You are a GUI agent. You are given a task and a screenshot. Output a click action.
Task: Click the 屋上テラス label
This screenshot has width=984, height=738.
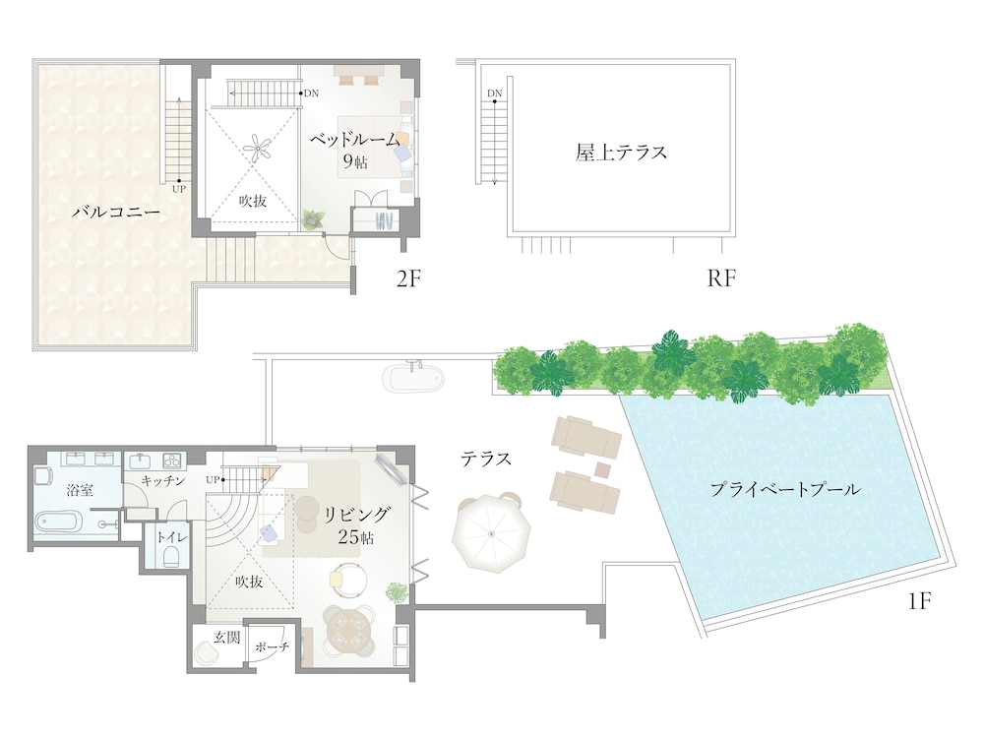(x=622, y=153)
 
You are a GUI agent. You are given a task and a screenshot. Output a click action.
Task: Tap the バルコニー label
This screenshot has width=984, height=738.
(x=116, y=213)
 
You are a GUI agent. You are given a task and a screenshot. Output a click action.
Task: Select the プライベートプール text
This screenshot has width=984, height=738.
(x=785, y=488)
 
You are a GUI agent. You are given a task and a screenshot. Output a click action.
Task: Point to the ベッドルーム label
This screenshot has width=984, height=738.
(x=356, y=141)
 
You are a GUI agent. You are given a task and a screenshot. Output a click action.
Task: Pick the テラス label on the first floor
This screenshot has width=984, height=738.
(x=487, y=459)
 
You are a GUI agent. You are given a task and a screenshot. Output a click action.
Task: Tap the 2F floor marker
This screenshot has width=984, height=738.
(x=408, y=279)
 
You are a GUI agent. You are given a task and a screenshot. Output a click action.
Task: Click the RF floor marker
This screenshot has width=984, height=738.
(x=721, y=279)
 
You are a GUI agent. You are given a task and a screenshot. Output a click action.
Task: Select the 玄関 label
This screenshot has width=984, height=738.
(x=226, y=637)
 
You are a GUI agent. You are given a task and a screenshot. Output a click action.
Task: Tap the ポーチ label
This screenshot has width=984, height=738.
(x=271, y=646)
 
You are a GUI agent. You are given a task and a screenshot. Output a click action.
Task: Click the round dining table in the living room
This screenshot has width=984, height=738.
(x=351, y=628)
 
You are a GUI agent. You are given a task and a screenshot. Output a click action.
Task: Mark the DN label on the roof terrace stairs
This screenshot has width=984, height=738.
(x=494, y=93)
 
